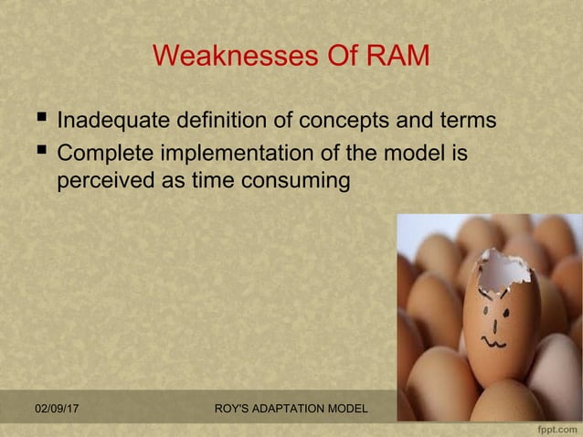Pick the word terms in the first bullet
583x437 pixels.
tap(464, 121)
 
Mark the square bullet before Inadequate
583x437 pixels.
tap(39, 120)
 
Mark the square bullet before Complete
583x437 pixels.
tap(39, 151)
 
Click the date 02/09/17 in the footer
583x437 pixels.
tap(56, 406)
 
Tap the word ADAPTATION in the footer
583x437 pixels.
tap(284, 406)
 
